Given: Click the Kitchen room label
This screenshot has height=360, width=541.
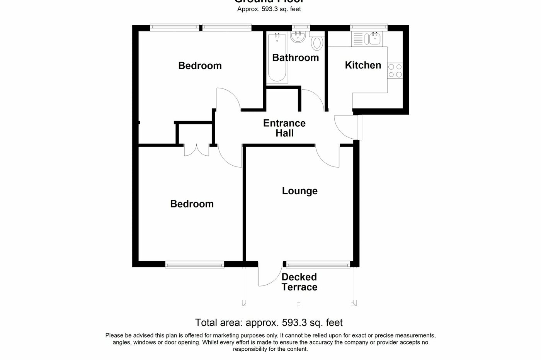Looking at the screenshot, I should (x=363, y=65).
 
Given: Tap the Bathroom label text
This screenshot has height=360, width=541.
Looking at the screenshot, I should (x=295, y=58).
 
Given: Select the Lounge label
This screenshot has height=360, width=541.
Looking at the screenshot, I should (x=299, y=191).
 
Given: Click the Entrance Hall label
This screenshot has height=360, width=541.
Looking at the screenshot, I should (x=284, y=128).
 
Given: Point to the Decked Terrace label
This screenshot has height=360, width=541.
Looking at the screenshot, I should (x=299, y=282).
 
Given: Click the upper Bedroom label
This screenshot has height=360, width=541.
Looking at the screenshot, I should (x=200, y=66).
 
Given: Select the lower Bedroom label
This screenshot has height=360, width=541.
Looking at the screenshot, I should (x=192, y=204).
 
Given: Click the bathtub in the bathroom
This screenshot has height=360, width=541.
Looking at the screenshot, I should (x=277, y=58).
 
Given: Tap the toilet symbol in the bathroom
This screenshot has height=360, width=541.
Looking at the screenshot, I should (x=317, y=42).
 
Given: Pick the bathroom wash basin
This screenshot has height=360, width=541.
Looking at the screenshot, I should (x=298, y=37).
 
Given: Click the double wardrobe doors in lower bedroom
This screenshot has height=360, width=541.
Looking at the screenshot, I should (x=196, y=150).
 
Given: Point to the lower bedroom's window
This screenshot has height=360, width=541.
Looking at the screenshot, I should (x=194, y=265).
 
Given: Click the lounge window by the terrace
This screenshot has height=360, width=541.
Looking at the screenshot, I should (x=318, y=265).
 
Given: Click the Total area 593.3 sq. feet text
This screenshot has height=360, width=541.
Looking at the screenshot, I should (x=269, y=323).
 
